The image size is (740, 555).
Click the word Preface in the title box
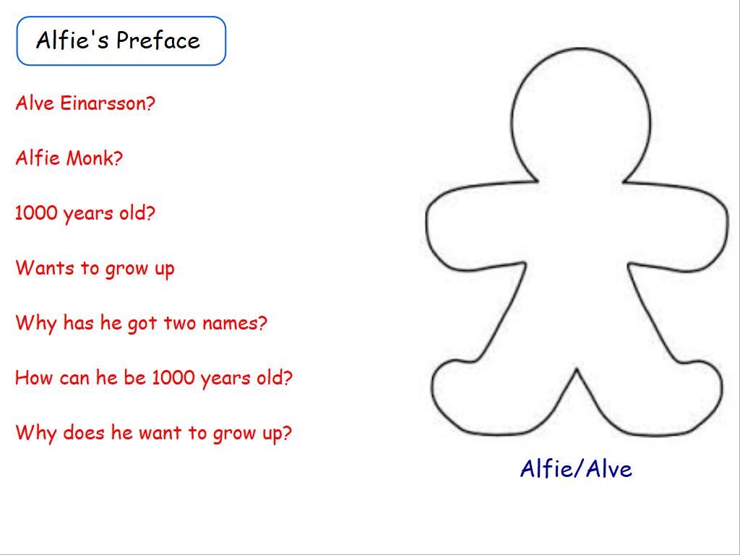158,40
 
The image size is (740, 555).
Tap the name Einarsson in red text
108,103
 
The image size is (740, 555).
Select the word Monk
95,158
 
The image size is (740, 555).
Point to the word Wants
45,267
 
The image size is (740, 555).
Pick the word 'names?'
235,323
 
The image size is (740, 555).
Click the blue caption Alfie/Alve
576,468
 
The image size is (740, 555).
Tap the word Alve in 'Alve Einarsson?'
35,103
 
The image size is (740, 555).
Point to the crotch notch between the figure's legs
577,369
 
